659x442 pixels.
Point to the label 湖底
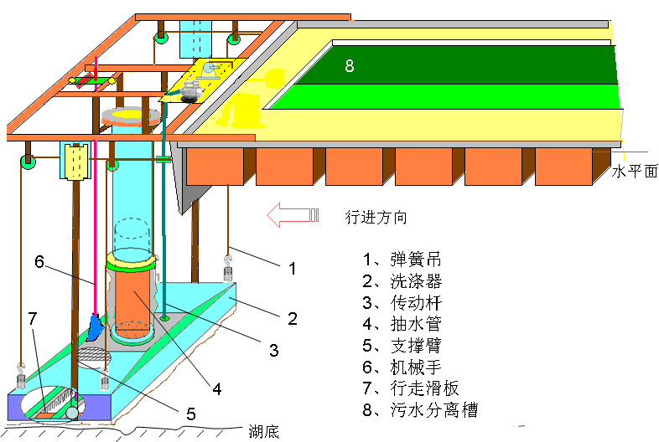point(264,432)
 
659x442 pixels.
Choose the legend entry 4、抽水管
point(402,324)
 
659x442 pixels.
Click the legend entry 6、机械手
point(402,367)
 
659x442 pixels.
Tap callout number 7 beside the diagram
point(32,318)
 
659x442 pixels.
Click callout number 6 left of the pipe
point(39,261)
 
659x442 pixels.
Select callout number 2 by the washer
point(293,318)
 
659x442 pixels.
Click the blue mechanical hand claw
point(95,327)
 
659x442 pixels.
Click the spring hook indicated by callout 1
point(226,267)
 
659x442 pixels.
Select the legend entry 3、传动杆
point(402,302)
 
